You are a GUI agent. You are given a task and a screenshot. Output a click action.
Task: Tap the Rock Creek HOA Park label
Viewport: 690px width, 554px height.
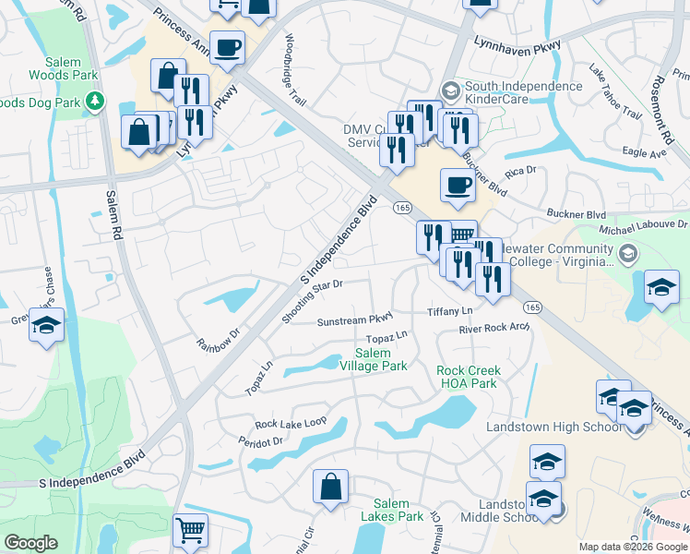point(467,377)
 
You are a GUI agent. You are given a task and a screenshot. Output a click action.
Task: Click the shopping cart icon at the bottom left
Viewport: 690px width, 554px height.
point(190,532)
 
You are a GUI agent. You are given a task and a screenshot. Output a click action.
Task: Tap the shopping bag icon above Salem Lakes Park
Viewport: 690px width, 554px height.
point(330,487)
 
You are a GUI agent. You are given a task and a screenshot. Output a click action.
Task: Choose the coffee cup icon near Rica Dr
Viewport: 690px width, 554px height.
point(458,186)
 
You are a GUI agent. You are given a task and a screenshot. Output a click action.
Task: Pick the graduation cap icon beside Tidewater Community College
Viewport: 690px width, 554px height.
point(661,286)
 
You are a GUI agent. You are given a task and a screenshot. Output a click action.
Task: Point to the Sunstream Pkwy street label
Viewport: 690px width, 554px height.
point(355,320)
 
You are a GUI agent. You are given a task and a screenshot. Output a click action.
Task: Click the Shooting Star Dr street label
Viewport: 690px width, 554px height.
point(313,301)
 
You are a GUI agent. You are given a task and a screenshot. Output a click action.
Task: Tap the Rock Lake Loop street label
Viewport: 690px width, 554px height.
point(291,423)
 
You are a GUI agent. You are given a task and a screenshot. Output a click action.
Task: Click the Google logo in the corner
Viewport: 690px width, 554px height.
point(30,543)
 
